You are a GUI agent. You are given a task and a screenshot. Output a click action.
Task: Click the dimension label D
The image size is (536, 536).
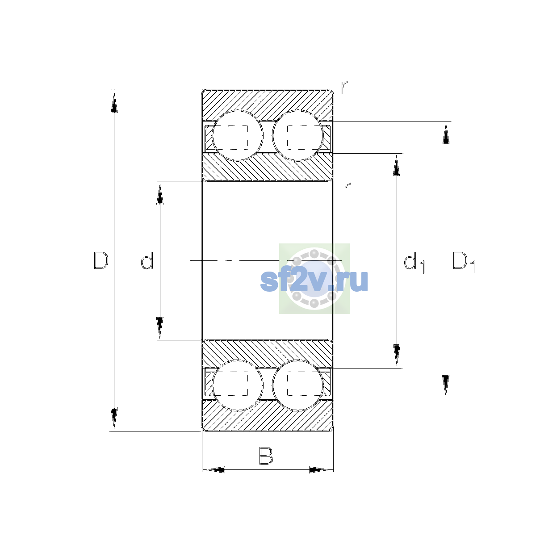pos(101,260)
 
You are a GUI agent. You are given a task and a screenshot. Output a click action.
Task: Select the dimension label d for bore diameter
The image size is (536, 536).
pos(147,260)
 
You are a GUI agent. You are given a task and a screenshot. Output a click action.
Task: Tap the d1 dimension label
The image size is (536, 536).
pos(414,263)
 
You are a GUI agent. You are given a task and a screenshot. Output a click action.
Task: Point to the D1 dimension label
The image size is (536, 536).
pos(464,263)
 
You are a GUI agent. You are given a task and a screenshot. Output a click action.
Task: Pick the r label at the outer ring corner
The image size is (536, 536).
pos(344,87)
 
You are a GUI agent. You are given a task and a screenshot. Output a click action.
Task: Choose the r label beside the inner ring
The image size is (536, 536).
pos(347,188)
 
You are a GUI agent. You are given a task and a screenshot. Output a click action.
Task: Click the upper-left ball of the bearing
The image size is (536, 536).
pos(237,136)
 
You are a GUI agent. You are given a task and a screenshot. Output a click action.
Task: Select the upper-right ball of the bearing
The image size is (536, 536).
pos(297,136)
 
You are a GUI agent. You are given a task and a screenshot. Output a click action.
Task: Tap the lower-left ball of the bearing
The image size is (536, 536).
pos(237,385)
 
